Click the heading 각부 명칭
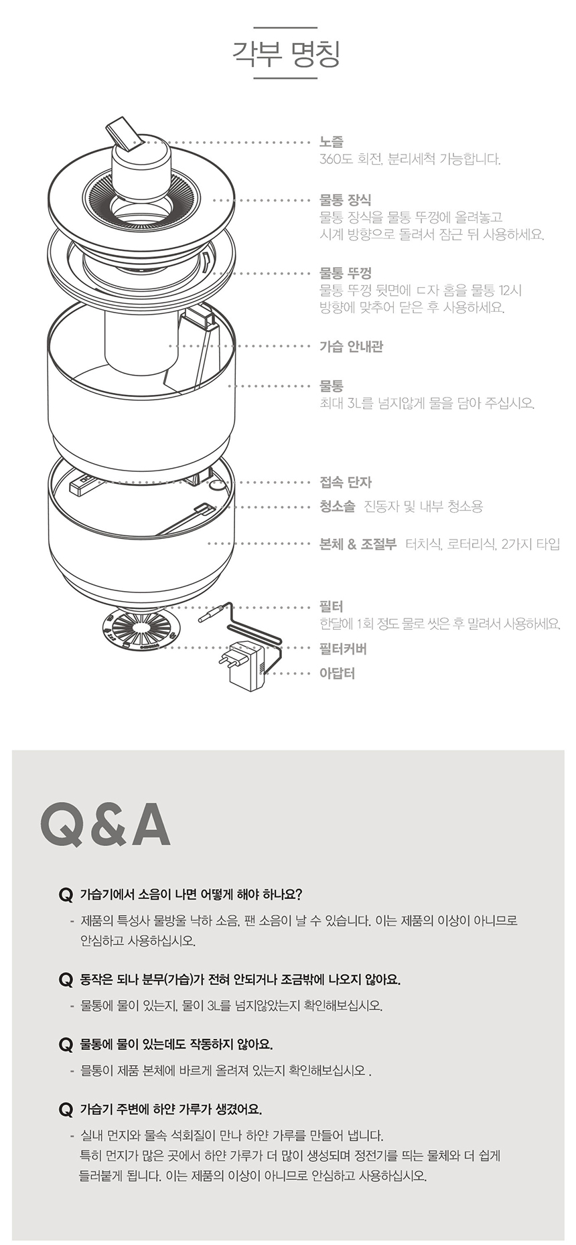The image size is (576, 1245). pyautogui.click(x=286, y=54)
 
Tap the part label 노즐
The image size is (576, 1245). pyautogui.click(x=332, y=142)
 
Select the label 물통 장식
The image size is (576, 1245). pyautogui.click(x=345, y=199)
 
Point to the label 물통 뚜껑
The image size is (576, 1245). pyautogui.click(x=345, y=273)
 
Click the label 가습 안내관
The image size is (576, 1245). pyautogui.click(x=352, y=346)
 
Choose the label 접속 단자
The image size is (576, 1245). pyautogui.click(x=346, y=482)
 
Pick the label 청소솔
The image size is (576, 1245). pyautogui.click(x=337, y=506)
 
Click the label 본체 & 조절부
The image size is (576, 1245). pyautogui.click(x=358, y=544)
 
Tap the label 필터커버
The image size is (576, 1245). pyautogui.click(x=343, y=649)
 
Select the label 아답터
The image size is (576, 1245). pyautogui.click(x=337, y=673)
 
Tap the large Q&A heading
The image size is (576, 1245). pyautogui.click(x=105, y=825)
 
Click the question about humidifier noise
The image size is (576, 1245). pyautogui.click(x=192, y=894)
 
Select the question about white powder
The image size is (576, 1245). pyautogui.click(x=171, y=1108)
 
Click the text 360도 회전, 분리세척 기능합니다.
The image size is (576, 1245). pyautogui.click(x=410, y=159)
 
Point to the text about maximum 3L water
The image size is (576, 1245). pyautogui.click(x=427, y=403)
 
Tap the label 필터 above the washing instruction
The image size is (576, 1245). pyautogui.click(x=331, y=606)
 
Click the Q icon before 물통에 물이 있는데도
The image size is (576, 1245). pyautogui.click(x=66, y=1044)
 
